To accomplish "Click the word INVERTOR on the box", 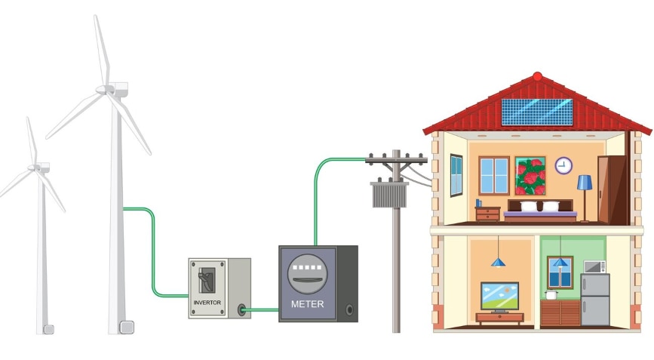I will click(208, 302).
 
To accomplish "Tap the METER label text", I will click(308, 304).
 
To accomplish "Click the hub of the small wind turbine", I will click(35, 167).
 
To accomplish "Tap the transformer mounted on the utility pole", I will click(389, 193).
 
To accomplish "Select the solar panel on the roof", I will click(537, 112).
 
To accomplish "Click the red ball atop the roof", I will click(537, 76).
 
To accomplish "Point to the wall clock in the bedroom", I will click(563, 165).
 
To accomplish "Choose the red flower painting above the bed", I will click(530, 176).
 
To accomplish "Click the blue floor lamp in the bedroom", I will click(585, 192).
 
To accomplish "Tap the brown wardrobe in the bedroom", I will click(612, 189).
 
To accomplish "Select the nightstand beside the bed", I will click(488, 214).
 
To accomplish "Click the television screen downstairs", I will click(499, 294).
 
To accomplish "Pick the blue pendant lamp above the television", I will click(498, 261).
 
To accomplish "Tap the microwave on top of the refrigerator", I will click(594, 266).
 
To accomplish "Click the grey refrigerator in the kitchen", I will click(595, 300).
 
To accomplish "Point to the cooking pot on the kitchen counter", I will click(551, 296).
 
